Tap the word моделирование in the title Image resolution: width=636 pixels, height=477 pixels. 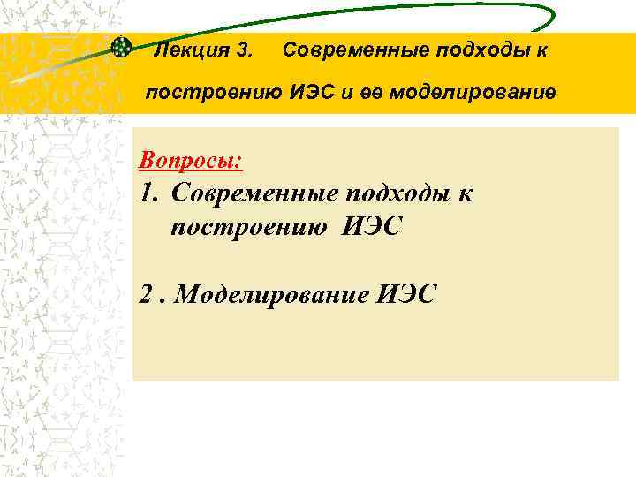click(x=475, y=91)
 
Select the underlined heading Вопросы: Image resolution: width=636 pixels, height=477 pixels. click(x=191, y=162)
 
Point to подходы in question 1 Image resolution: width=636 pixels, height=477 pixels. click(x=402, y=193)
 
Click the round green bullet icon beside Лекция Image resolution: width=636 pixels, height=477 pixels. click(x=122, y=48)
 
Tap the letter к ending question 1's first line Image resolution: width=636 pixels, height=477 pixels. click(x=465, y=193)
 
